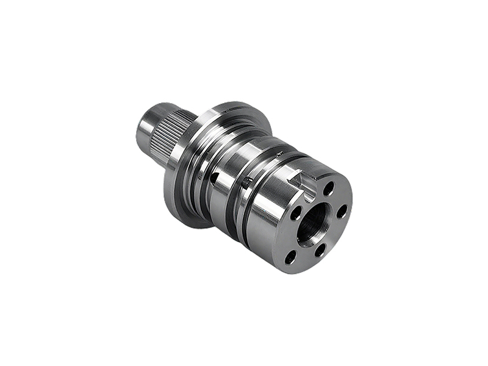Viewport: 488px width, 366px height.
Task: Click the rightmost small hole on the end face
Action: (x=342, y=211)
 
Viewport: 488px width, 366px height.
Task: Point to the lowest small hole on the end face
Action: (x=290, y=257)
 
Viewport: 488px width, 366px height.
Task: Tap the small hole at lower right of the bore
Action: (x=320, y=249)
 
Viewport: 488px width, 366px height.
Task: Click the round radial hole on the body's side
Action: (x=215, y=178)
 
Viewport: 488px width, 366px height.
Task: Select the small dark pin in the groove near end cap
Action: (x=246, y=181)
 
